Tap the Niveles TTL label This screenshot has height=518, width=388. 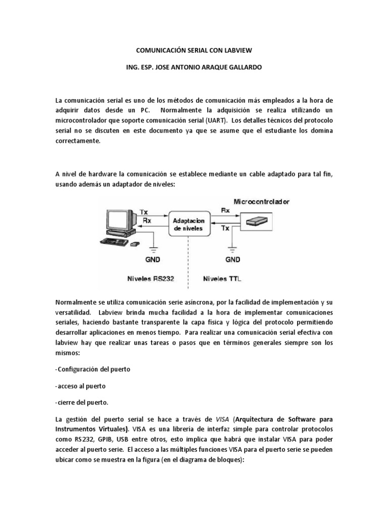222,278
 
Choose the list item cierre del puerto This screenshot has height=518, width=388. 82,403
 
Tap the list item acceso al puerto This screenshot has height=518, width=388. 80,386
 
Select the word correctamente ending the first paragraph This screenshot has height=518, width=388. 78,142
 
